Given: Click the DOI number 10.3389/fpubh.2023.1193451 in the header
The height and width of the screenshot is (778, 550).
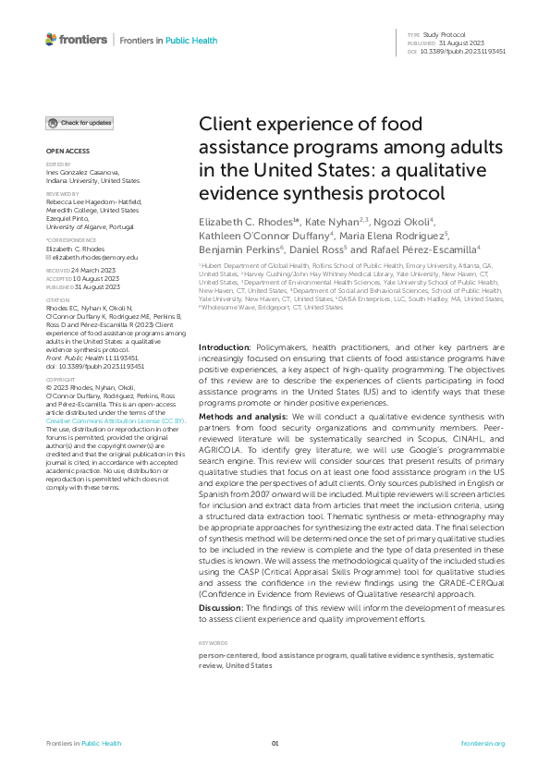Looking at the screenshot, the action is point(462,52).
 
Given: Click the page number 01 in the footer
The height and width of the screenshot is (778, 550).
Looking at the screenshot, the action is point(275,744).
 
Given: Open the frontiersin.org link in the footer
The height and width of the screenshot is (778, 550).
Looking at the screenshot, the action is point(483,744).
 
